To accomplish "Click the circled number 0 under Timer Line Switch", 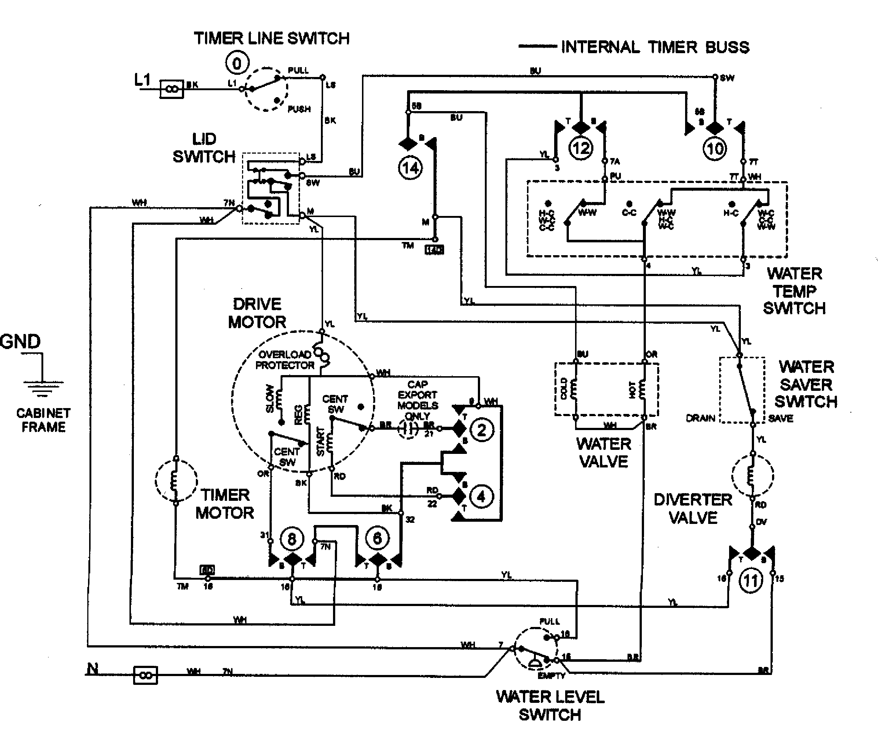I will (x=237, y=64).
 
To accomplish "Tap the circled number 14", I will (x=410, y=168).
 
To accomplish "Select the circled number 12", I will (x=581, y=148).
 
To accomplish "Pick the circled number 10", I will (x=715, y=148).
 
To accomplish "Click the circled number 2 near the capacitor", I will (x=482, y=430).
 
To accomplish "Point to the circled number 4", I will (x=481, y=497).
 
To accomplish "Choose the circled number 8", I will (x=292, y=539).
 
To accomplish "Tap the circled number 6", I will (x=377, y=538).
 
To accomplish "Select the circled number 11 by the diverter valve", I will (x=751, y=581).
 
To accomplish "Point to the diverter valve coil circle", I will (x=753, y=476).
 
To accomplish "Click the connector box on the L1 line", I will (x=172, y=89).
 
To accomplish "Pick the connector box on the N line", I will (x=145, y=675).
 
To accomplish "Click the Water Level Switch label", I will (x=550, y=706).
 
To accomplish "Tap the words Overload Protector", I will (x=285, y=360).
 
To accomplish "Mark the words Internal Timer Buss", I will (x=655, y=47).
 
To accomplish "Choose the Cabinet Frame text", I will (x=43, y=420).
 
